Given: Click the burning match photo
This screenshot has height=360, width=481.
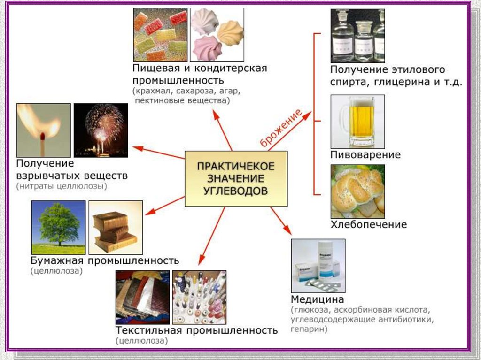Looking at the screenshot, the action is (43, 130).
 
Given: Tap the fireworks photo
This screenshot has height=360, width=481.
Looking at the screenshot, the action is (101, 130).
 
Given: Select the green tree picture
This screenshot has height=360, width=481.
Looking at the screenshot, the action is (58, 227).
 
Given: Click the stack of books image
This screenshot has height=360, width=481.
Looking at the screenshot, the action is (116, 227).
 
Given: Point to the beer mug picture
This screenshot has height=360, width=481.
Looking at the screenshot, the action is (357, 121).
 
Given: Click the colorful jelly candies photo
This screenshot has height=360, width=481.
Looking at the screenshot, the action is (160, 36).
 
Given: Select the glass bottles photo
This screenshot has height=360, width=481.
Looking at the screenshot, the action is (357, 36).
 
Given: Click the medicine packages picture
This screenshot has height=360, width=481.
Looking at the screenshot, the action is (318, 266).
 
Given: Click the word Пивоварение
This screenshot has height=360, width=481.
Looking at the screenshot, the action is (365, 155).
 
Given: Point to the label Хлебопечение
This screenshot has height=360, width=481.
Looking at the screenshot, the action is (369, 224).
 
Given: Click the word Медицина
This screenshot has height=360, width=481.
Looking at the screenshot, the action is (318, 299).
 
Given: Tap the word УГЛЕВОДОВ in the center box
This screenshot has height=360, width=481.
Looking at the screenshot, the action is (236, 191).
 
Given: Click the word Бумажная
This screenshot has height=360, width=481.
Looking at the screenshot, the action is (57, 260).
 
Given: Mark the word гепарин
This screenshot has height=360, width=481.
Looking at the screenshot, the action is (309, 329).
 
